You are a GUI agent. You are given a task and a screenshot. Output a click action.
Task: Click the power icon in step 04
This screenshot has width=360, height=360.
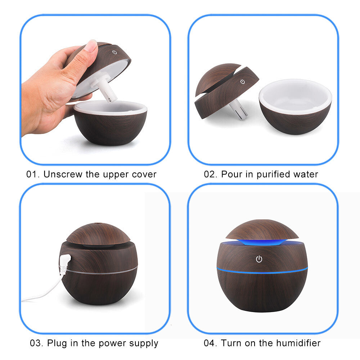259,259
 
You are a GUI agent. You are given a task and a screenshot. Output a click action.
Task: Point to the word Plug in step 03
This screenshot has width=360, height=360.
56,343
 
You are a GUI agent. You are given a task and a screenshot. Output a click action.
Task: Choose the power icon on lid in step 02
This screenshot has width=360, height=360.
243,82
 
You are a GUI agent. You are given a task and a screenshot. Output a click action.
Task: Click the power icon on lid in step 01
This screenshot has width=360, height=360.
114,52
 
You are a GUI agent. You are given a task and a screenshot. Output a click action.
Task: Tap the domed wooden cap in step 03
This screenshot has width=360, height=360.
98,233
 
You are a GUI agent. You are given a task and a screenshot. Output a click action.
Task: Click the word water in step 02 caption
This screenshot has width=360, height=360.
305,175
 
